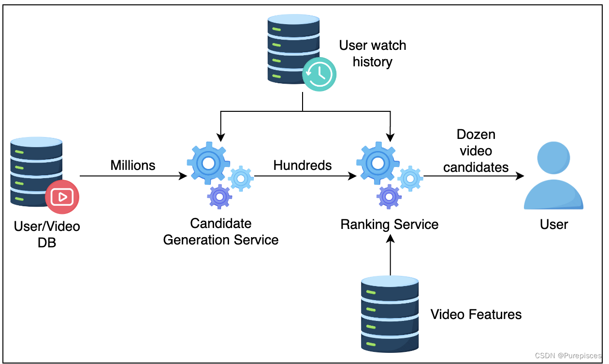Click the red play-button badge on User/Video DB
pos(62,197)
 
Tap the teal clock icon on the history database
pos(319,74)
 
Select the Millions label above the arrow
pos(133,166)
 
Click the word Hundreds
pos(303,166)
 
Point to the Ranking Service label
pos(390,225)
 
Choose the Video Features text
pos(476,315)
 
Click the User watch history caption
pos(373,54)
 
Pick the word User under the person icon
pos(554,225)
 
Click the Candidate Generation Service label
pos(221,232)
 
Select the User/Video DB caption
pos(47,234)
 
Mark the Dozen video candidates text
pos(476,151)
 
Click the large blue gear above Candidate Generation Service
pos(208,164)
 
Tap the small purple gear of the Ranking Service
pos(389,197)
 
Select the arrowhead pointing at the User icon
pos(520,176)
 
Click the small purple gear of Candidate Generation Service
pos(220,197)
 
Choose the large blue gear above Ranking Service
pos(377,164)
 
